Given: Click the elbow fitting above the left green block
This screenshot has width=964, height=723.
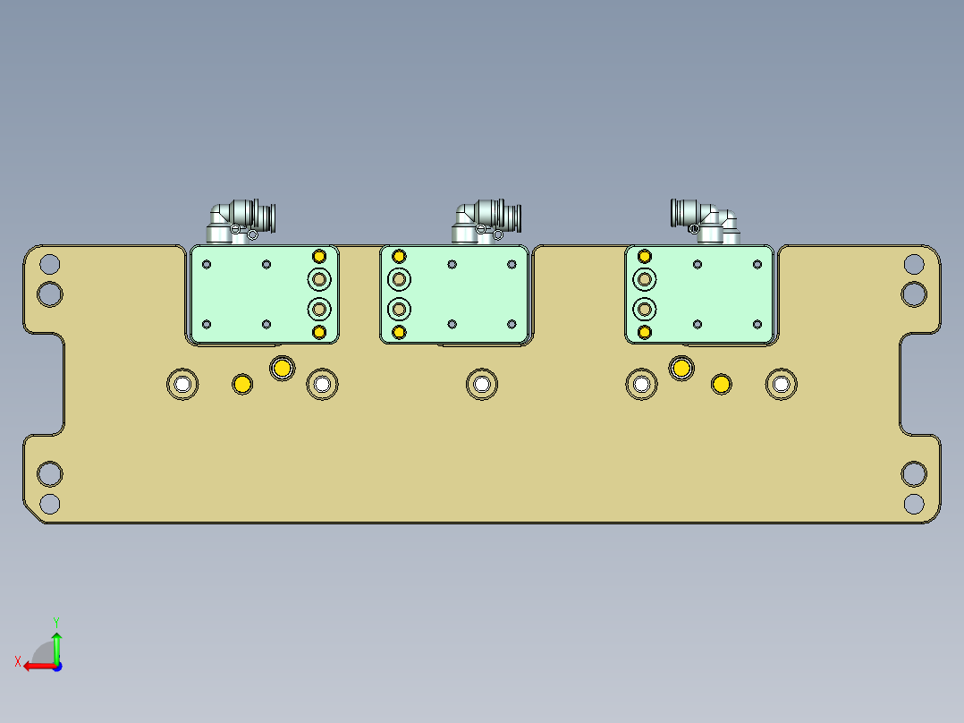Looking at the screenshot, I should (x=240, y=220).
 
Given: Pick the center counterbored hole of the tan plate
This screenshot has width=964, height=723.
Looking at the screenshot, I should (x=482, y=384).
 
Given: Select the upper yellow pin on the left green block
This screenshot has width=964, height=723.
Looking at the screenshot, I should (x=319, y=256).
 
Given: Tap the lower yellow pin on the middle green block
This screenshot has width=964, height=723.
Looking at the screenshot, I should (x=399, y=333).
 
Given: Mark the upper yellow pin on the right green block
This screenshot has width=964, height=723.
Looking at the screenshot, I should (x=644, y=256).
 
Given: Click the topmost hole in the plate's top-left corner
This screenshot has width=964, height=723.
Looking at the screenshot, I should (x=50, y=264).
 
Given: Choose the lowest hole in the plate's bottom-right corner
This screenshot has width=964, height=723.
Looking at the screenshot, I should (x=913, y=503).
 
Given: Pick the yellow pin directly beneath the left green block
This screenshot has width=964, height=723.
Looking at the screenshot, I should (x=283, y=367).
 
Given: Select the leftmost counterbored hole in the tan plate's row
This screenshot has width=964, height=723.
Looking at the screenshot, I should (x=182, y=384).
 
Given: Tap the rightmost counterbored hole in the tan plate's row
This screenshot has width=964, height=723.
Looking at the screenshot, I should (x=782, y=384).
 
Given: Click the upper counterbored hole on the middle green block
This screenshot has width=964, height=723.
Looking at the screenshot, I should (x=399, y=280).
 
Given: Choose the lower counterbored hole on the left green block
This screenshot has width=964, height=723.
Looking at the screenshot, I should (x=319, y=310).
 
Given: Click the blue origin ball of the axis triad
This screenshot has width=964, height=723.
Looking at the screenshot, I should (x=56, y=666).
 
